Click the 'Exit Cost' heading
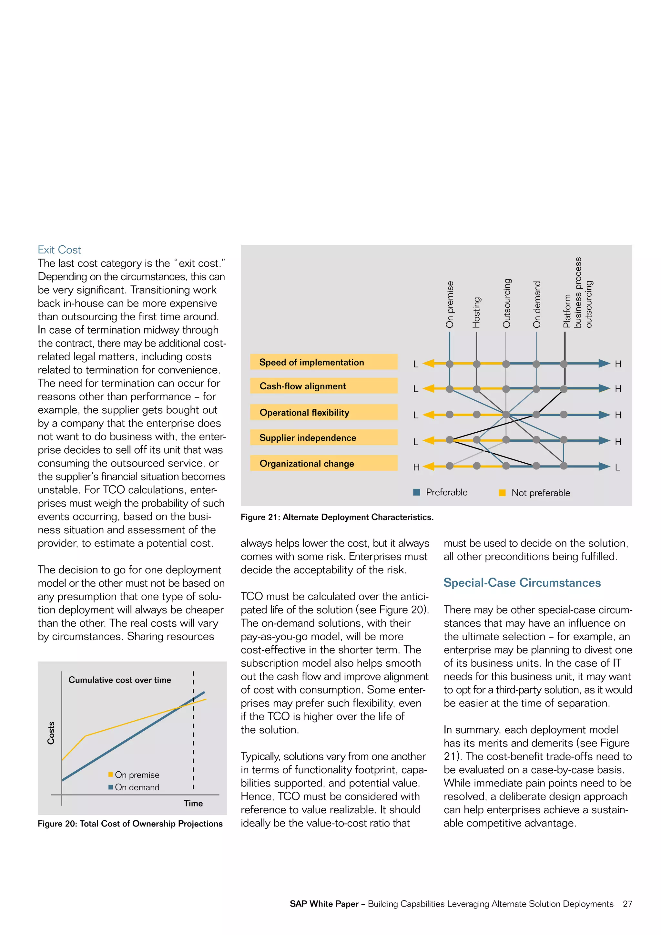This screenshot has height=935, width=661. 59,250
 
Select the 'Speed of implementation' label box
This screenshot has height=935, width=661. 324,362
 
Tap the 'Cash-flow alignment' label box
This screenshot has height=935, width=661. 324,386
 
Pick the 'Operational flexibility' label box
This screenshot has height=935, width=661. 324,413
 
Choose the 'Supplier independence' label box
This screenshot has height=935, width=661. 324,438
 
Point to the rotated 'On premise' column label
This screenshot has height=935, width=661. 449,304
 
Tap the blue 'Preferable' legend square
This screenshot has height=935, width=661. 416,492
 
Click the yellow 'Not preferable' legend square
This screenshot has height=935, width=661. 502,493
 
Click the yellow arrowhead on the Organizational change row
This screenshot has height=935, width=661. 429,466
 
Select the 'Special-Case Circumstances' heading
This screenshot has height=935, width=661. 522,583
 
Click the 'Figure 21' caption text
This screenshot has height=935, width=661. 337,517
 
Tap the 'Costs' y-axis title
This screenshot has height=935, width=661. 51,733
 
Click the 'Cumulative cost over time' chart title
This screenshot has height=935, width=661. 120,680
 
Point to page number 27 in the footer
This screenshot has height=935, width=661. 627,904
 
